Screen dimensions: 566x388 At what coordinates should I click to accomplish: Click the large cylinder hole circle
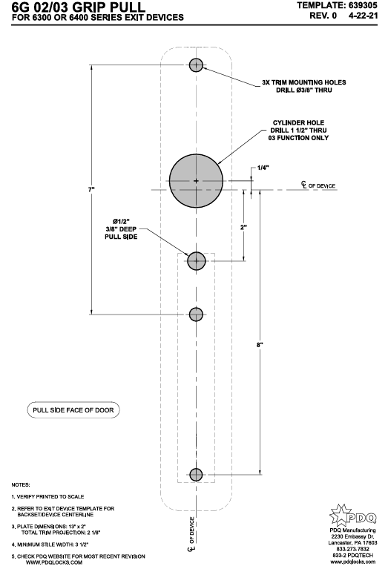click(x=196, y=180)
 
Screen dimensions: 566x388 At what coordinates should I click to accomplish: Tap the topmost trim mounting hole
click(x=196, y=65)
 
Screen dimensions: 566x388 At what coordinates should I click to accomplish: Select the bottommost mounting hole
click(x=196, y=474)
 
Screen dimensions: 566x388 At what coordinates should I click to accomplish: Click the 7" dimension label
click(x=91, y=191)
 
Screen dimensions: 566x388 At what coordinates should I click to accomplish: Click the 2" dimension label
click(x=244, y=228)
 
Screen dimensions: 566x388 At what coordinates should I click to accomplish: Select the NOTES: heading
click(x=21, y=483)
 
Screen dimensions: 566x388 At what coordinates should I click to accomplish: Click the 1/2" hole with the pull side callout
click(x=196, y=260)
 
